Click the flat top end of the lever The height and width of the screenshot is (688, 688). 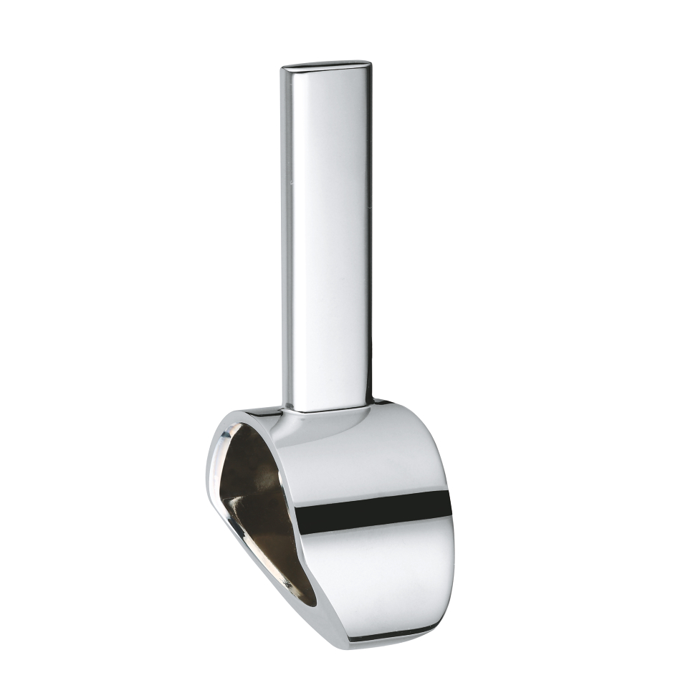[x=327, y=66]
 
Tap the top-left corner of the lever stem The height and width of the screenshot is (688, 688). [x=283, y=69]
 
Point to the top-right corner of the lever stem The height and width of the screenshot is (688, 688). [x=370, y=64]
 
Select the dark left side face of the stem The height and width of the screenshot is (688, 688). [x=287, y=236]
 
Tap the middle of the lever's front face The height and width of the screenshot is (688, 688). [x=330, y=236]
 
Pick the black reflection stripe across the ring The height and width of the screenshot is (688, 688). [x=373, y=510]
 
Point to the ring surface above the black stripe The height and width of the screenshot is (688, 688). [x=373, y=459]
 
